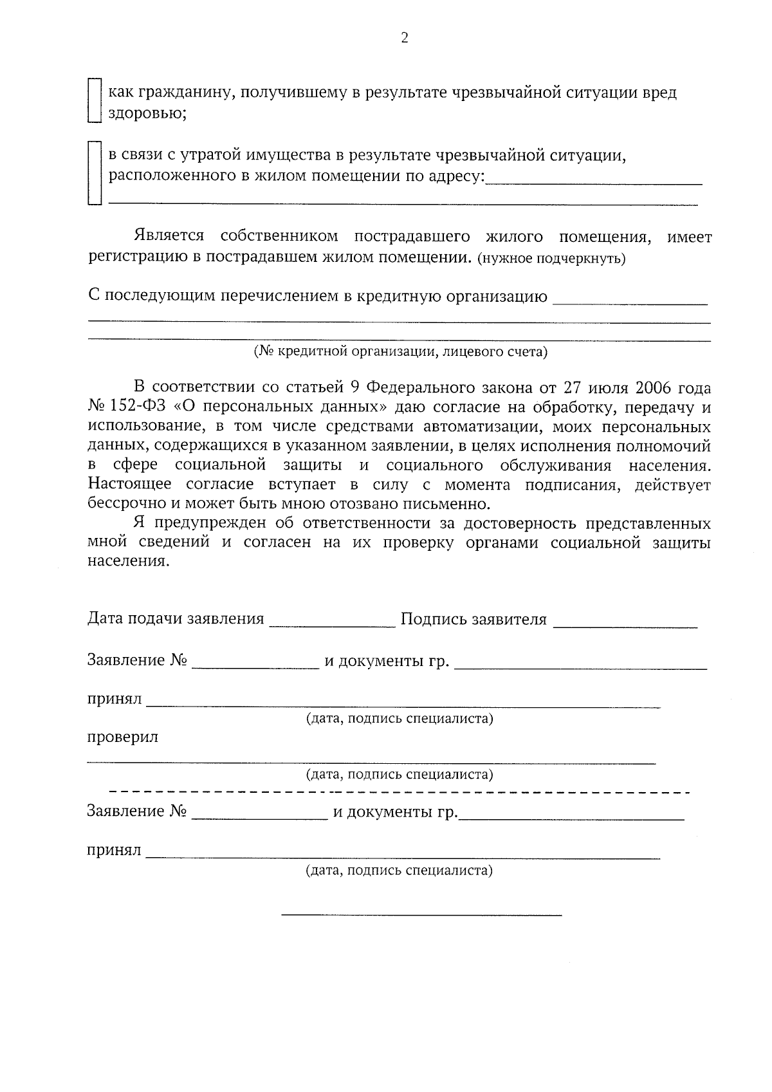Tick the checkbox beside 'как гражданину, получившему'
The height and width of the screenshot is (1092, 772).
point(95,100)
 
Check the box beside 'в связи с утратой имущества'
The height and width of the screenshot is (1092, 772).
point(95,172)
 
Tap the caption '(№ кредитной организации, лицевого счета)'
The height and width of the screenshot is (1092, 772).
point(400,351)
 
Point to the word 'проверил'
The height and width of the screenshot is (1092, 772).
point(123,737)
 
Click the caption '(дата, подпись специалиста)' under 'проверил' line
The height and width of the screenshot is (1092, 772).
point(400,774)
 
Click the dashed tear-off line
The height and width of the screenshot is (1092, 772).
point(400,791)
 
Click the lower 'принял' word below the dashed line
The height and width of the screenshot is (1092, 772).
point(114,851)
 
